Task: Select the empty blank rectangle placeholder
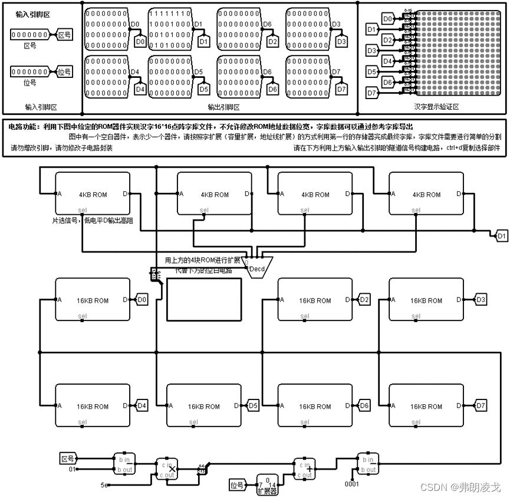pos(204,300)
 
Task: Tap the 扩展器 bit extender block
pos(267,484)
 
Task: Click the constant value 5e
pos(104,484)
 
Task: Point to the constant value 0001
pos(351,484)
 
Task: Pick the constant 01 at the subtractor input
pos(73,469)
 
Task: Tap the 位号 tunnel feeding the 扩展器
pos(237,485)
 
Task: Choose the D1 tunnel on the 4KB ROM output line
pos(502,236)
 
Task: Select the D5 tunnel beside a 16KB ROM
pos(253,406)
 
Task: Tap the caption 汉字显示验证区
pos(436,107)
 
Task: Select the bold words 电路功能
pos(23,126)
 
